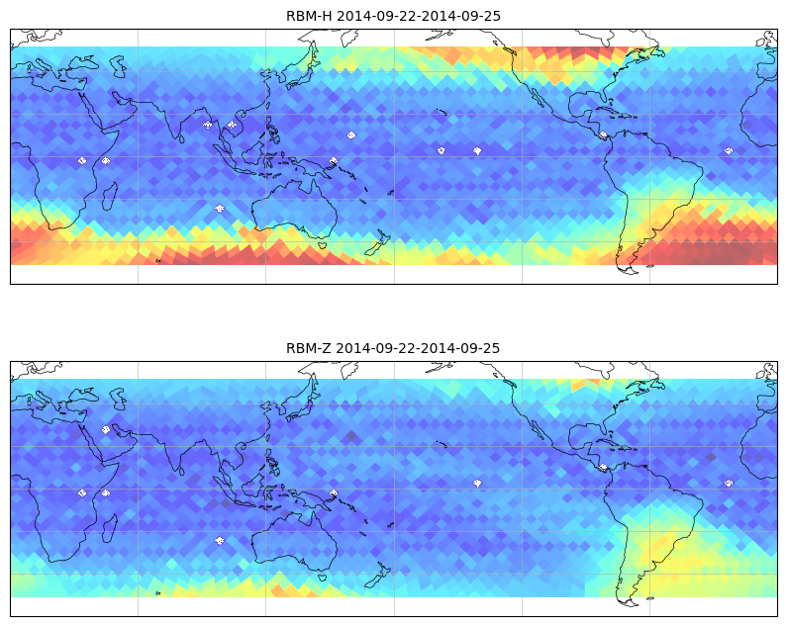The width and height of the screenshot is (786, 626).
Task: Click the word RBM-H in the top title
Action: click(x=309, y=16)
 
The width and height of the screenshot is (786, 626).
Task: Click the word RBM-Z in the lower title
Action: click(x=308, y=348)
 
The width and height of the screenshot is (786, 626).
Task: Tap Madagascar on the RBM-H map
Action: click(x=110, y=196)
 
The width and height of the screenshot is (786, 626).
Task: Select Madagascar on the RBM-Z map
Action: click(x=110, y=528)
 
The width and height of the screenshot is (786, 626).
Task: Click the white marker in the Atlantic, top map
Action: click(x=729, y=150)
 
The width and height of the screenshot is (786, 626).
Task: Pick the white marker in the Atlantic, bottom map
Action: click(x=729, y=483)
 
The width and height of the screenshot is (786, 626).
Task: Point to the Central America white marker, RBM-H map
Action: click(x=603, y=134)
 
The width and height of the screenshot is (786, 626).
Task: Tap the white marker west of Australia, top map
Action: click(x=219, y=209)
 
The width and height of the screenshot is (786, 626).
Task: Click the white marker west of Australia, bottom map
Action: click(x=219, y=540)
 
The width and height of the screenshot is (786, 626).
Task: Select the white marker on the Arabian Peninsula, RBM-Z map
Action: click(x=106, y=429)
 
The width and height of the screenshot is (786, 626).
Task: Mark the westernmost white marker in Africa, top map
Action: click(x=82, y=161)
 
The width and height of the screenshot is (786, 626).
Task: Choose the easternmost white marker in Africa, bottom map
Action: click(x=106, y=493)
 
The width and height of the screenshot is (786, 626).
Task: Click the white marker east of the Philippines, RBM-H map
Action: click(x=351, y=134)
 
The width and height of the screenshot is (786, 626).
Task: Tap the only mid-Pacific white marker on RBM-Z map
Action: click(x=477, y=483)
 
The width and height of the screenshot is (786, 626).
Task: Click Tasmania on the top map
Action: click(x=323, y=245)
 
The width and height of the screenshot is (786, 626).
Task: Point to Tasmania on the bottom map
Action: click(x=323, y=577)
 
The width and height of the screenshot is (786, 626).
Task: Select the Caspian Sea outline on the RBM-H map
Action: click(x=118, y=66)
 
